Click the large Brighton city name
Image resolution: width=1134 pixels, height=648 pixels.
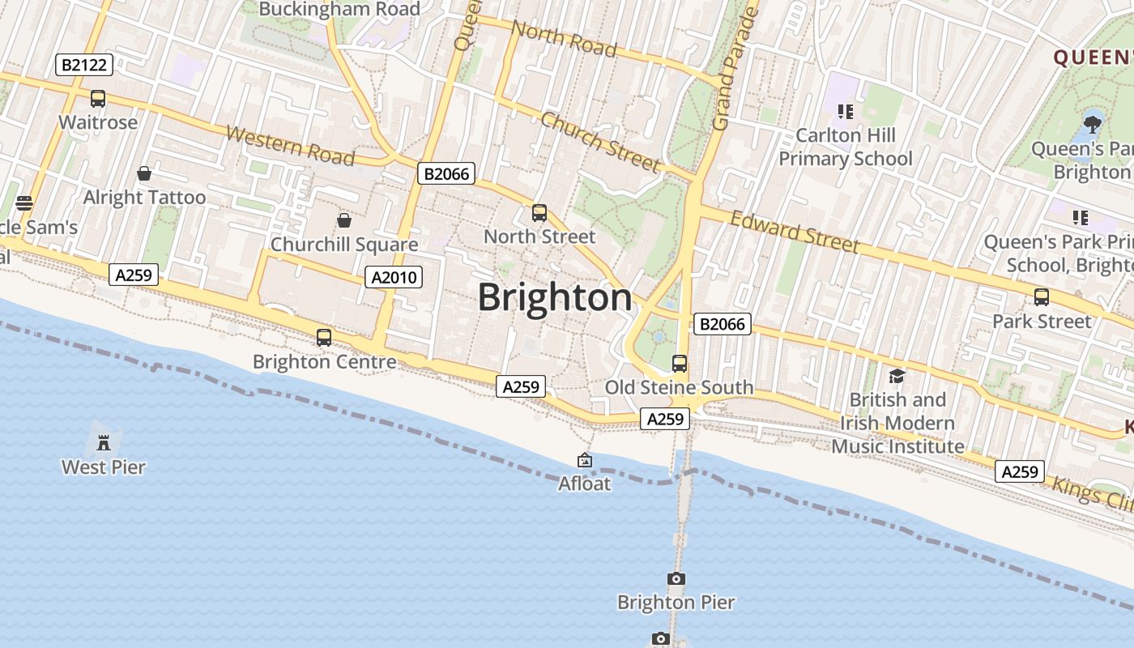tap(555, 298)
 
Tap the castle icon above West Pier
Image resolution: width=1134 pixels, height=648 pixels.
tap(104, 442)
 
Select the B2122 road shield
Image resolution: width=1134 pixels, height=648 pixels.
tap(84, 65)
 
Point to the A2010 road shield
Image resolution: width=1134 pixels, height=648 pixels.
tap(394, 277)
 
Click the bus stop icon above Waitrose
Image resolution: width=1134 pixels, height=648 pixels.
tap(98, 99)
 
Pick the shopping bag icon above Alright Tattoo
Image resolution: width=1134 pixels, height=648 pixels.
tap(144, 173)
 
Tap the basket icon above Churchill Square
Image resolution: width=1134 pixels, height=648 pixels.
tap(344, 220)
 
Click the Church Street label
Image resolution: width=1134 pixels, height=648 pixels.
tap(600, 142)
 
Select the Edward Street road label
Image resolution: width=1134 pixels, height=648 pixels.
tap(795, 232)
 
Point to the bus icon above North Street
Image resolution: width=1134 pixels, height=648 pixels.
tap(539, 213)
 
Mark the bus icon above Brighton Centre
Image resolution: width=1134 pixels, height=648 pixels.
tap(324, 338)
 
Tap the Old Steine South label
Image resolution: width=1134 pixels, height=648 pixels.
tap(679, 387)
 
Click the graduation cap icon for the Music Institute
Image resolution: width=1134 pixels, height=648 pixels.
tap(897, 376)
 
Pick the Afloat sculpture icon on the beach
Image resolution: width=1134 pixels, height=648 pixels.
tap(585, 460)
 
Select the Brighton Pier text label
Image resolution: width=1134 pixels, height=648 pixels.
tap(676, 603)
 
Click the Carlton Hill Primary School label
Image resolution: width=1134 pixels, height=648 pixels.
tap(846, 147)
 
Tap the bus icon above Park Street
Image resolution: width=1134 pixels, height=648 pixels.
tap(1042, 297)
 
